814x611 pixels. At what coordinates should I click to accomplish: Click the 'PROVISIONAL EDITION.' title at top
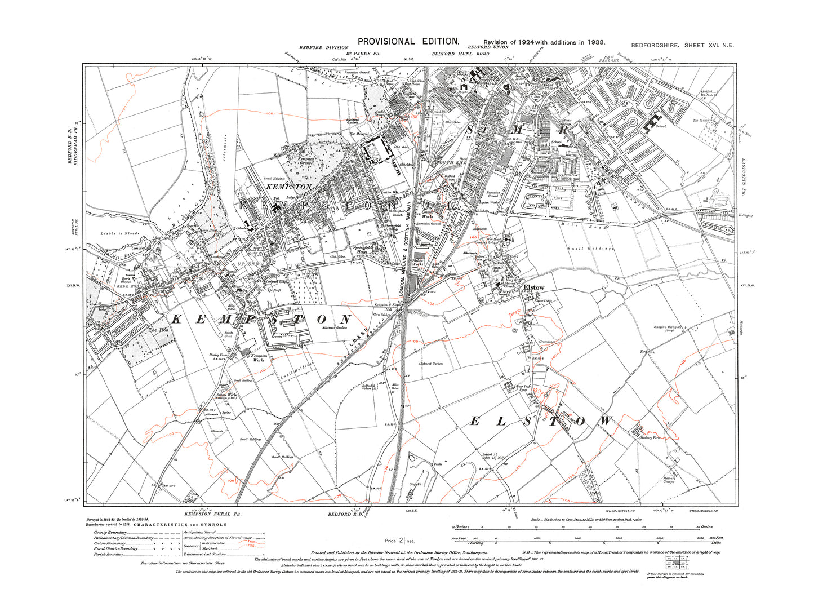pos(409,41)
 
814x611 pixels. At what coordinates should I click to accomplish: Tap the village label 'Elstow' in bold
pos(533,287)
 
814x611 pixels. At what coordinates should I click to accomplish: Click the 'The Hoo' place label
pos(158,330)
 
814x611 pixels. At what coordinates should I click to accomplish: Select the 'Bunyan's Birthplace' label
pos(683,328)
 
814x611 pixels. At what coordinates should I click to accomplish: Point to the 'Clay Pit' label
pos(416,484)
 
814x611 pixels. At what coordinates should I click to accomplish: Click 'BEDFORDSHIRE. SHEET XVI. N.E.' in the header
pos(682,45)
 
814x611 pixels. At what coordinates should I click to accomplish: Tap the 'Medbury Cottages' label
pos(669,480)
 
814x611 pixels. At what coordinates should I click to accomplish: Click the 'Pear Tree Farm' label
pos(524,387)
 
